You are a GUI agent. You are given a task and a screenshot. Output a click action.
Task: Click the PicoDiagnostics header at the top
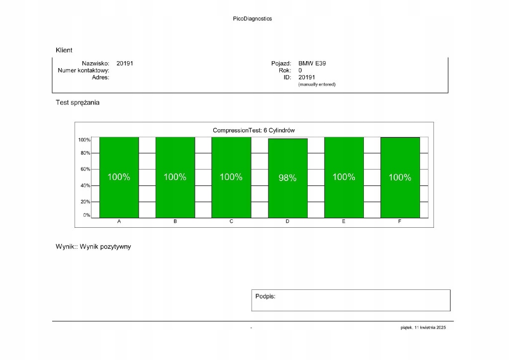(x=252, y=19)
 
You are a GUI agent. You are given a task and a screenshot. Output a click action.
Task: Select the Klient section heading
(x=64, y=50)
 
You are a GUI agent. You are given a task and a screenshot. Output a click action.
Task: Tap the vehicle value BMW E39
(x=312, y=64)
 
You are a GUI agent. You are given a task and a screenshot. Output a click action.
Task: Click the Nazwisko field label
(x=95, y=64)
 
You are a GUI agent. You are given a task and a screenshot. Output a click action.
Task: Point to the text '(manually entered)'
(x=317, y=85)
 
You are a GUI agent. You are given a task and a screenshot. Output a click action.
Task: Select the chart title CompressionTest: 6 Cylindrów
(x=254, y=130)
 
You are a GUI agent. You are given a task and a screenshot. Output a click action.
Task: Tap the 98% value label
(x=287, y=178)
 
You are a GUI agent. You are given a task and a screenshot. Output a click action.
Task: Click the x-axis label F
(x=400, y=221)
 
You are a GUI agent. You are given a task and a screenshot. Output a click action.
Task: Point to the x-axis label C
(x=231, y=221)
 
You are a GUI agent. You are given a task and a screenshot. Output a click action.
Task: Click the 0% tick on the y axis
(x=86, y=215)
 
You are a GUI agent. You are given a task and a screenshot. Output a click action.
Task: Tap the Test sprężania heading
(x=78, y=103)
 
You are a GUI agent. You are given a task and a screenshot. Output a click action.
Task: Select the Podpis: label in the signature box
(x=265, y=296)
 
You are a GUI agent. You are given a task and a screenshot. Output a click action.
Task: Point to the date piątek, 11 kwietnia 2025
(x=424, y=328)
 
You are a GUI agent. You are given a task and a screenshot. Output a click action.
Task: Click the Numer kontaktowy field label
(x=84, y=71)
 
